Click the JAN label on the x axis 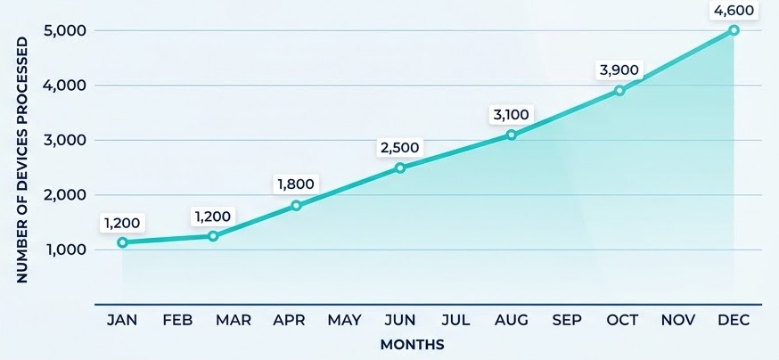(x=122, y=320)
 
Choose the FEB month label (x=177, y=320)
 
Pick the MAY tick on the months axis (x=344, y=320)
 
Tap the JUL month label (x=455, y=320)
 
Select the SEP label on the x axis (x=567, y=320)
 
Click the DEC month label (x=734, y=320)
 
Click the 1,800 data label (x=297, y=184)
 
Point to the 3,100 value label (x=511, y=114)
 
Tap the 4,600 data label (x=734, y=11)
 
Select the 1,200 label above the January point (x=122, y=223)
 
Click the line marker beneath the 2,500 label (x=400, y=168)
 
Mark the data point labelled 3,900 (x=619, y=91)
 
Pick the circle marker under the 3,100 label (x=511, y=135)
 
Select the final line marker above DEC (x=734, y=30)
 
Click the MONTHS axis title (x=412, y=344)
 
